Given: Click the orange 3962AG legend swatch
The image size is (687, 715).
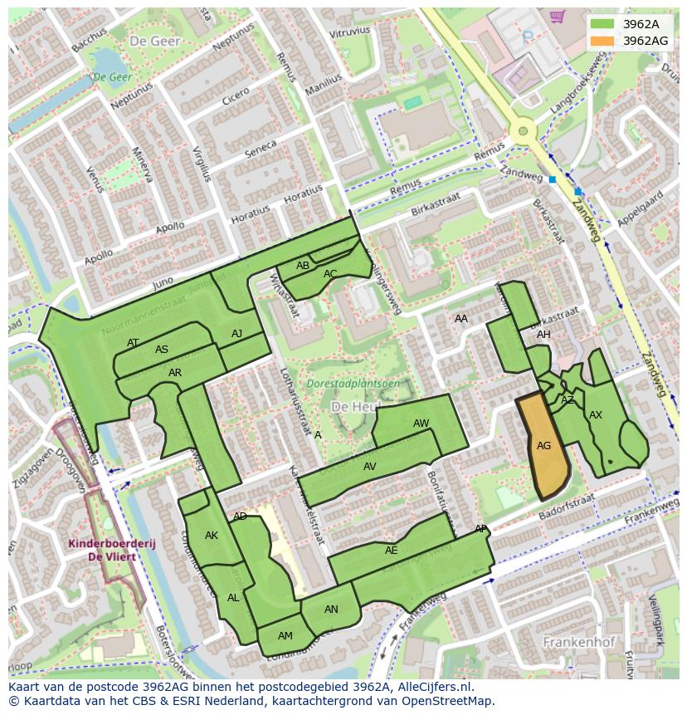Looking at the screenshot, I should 602,41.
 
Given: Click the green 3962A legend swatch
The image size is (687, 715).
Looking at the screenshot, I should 602,24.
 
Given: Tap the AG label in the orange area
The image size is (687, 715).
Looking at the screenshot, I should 543,446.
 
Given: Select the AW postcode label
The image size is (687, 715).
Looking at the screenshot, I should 421,424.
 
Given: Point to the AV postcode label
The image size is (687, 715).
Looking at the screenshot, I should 370,467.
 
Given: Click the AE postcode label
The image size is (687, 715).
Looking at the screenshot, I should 392,550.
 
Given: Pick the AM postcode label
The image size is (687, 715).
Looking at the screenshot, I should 285,636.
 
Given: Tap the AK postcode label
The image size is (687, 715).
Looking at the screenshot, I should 212,536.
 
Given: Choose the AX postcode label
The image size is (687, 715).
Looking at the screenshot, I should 596,415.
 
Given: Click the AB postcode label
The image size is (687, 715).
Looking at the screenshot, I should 303,266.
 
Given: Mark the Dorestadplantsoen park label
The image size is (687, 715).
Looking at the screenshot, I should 353,384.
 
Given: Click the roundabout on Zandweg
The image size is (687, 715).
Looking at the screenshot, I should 523,130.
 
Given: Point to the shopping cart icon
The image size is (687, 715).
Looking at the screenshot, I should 557,16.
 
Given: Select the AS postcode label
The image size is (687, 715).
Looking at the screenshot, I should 162,350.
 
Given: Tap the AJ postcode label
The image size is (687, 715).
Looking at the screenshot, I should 236,334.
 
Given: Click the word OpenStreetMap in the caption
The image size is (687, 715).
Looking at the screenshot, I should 451,700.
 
